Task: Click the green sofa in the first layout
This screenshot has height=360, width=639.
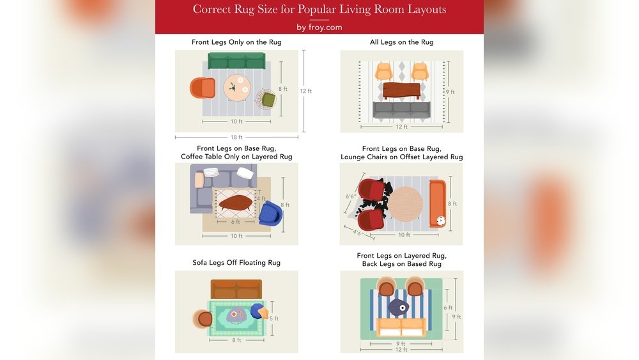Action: click(x=236, y=60)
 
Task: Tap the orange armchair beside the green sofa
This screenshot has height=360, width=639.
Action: click(x=203, y=88)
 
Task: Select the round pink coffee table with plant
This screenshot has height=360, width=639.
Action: click(x=237, y=88)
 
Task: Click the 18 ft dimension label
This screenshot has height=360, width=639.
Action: click(x=236, y=137)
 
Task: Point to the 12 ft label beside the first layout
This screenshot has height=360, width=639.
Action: click(x=305, y=91)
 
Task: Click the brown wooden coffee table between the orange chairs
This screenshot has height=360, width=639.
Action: click(x=401, y=90)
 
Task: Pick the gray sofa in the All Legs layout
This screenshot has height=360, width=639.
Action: click(x=401, y=110)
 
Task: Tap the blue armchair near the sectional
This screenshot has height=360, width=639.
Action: click(x=270, y=213)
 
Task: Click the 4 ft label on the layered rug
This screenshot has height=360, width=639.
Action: click(x=261, y=199)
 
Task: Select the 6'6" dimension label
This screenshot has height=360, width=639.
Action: click(x=350, y=196)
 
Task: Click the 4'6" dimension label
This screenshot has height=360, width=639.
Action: click(x=358, y=233)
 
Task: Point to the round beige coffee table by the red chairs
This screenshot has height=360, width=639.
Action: click(x=405, y=204)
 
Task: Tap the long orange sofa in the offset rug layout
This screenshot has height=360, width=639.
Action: click(x=438, y=203)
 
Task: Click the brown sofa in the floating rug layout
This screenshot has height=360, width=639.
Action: click(x=236, y=289)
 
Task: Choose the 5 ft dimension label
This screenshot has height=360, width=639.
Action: click(x=274, y=318)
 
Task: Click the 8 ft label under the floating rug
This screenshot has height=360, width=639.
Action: click(x=236, y=340)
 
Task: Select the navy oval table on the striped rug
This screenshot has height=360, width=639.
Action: click(x=398, y=307)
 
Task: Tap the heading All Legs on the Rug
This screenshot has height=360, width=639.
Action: click(x=401, y=42)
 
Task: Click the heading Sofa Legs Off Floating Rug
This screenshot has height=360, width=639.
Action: click(x=236, y=263)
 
